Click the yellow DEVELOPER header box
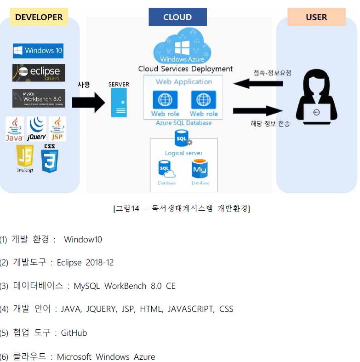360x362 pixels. pyautogui.click(x=39, y=17)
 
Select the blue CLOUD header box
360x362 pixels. pyautogui.click(x=177, y=17)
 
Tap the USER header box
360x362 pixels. pyautogui.click(x=316, y=17)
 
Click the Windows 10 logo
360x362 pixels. pyautogui.click(x=38, y=51)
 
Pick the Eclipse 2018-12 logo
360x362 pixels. pyautogui.click(x=39, y=72)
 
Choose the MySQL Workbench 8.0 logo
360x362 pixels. pyautogui.click(x=39, y=98)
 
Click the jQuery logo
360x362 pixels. pyautogui.click(x=36, y=129)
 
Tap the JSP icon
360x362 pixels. pyautogui.click(x=57, y=129)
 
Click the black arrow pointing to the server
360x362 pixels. pyautogui.click(x=88, y=102)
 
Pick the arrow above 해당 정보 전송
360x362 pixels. pyautogui.click(x=257, y=111)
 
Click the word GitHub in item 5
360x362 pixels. pyautogui.click(x=74, y=333)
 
